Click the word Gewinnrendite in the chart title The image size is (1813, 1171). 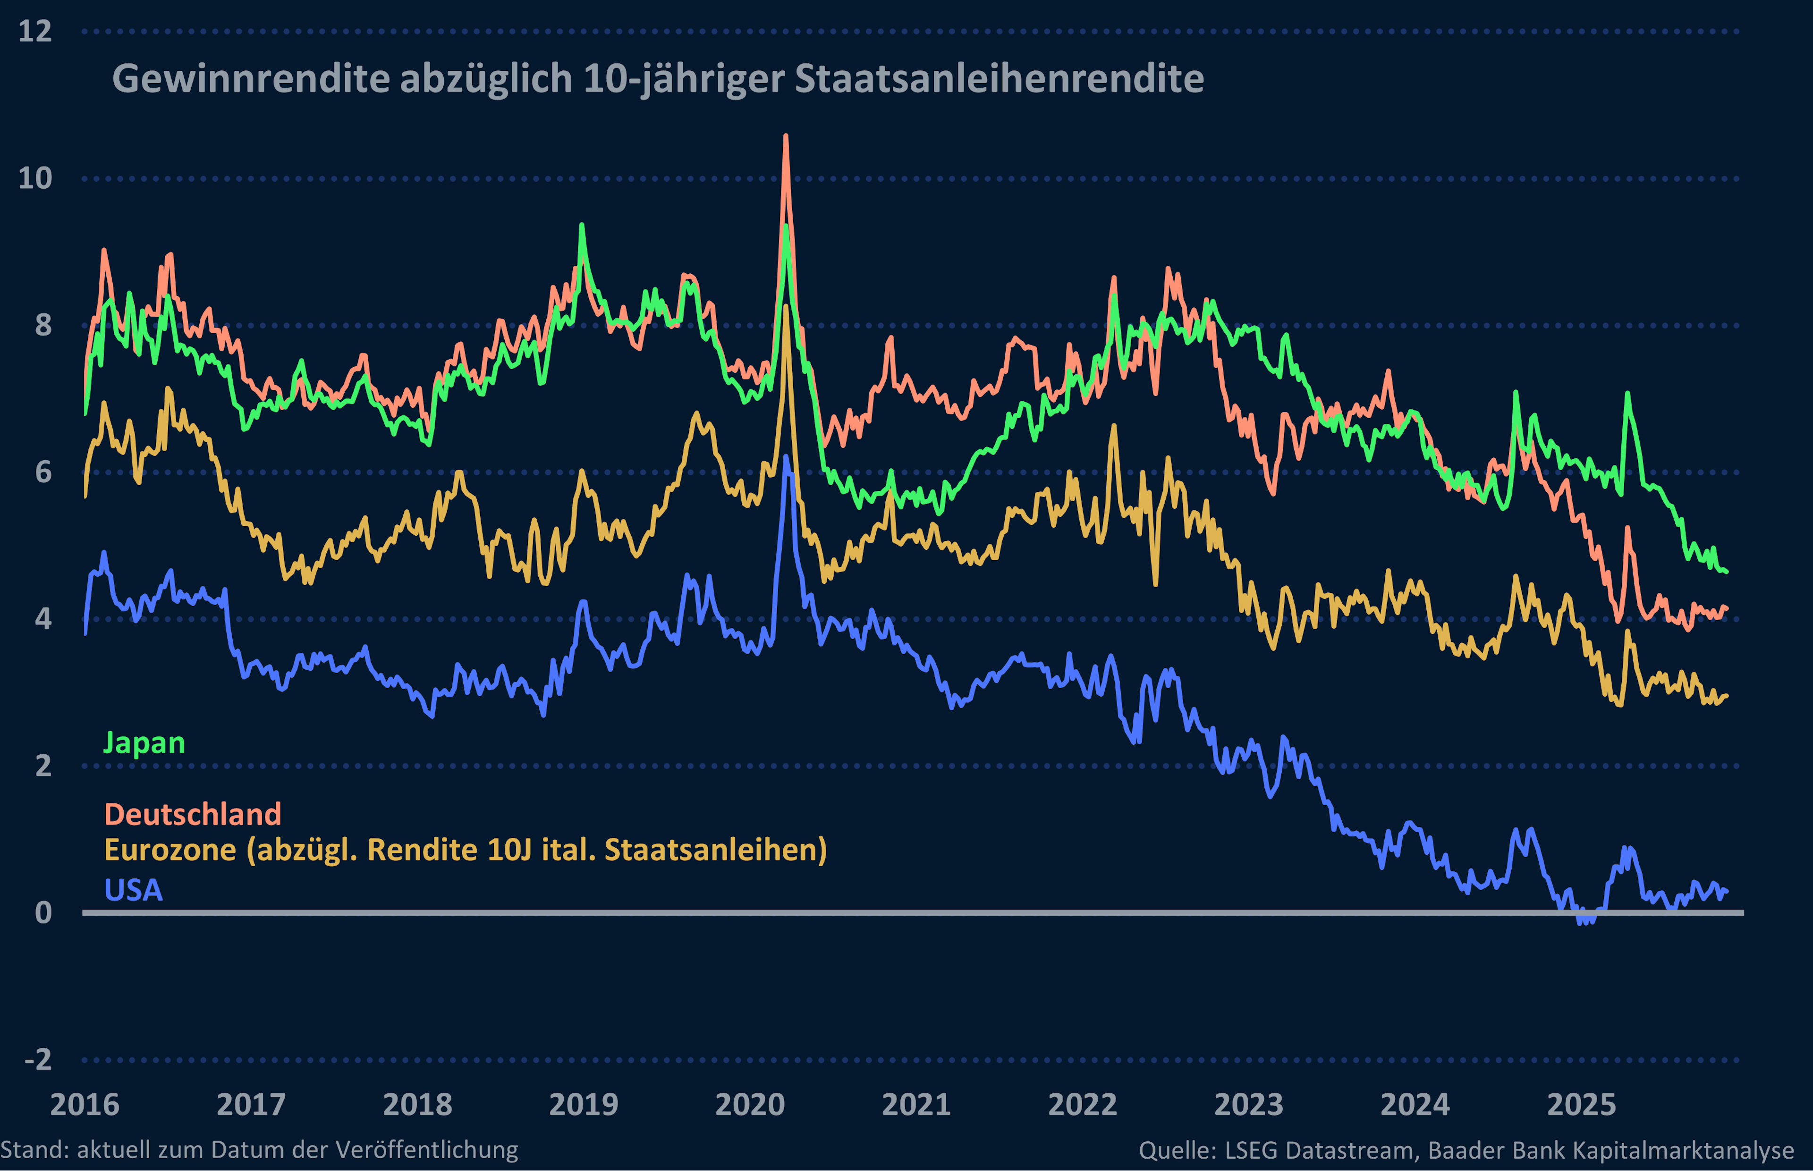pyautogui.click(x=251, y=78)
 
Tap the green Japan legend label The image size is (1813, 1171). pyautogui.click(x=144, y=743)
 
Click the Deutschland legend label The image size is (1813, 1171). pyautogui.click(x=193, y=814)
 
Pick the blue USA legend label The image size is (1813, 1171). pyautogui.click(x=133, y=890)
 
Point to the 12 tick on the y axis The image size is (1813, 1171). pyautogui.click(x=35, y=31)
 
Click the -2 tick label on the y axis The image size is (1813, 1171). pyautogui.click(x=38, y=1059)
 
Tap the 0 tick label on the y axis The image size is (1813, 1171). pyautogui.click(x=43, y=912)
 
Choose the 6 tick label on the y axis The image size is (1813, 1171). pyautogui.click(x=43, y=472)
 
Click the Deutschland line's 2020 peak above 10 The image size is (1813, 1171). pyautogui.click(x=786, y=137)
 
